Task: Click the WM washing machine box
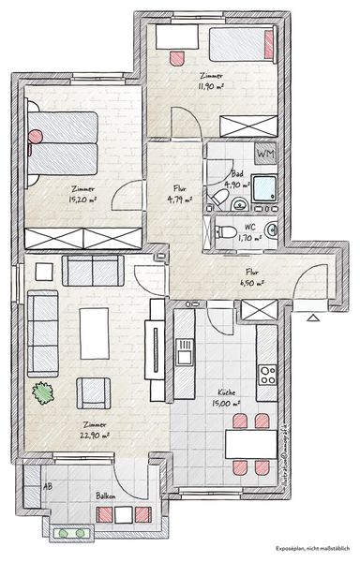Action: tap(265, 153)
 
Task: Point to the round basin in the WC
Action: tap(273, 231)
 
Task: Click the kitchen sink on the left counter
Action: tap(185, 353)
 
